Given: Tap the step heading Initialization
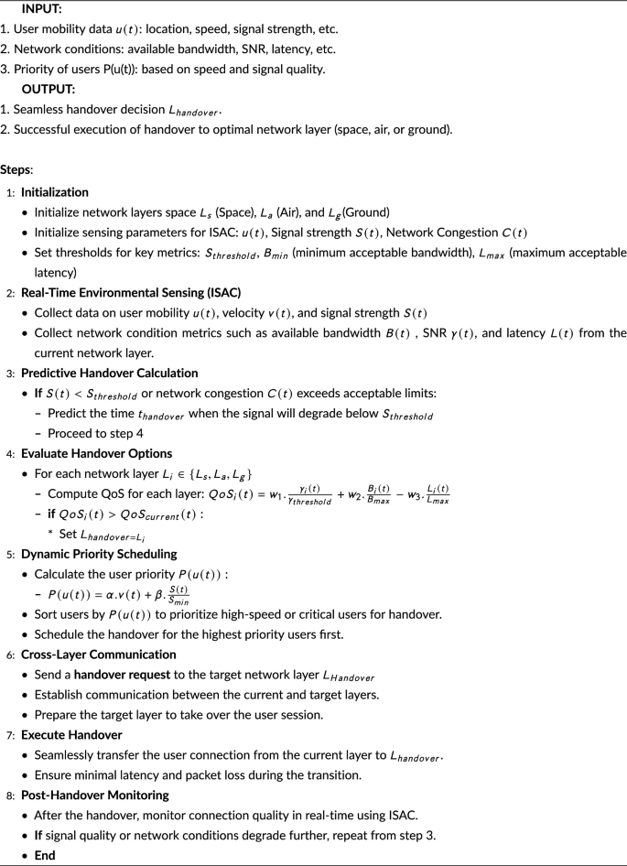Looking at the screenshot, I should [55, 192].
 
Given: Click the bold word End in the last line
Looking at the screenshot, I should [45, 855].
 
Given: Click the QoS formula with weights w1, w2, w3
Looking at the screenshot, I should [317, 494].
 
